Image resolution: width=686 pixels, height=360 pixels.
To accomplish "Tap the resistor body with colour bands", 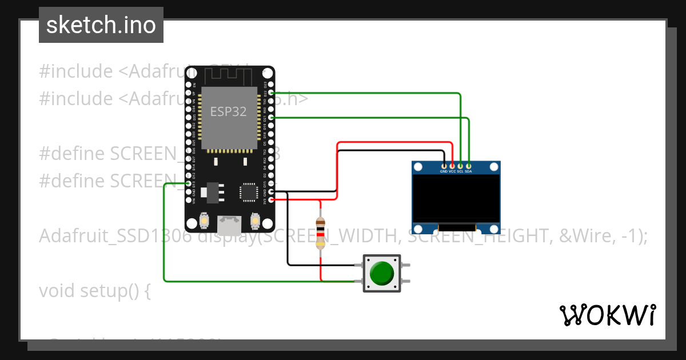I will [321, 233].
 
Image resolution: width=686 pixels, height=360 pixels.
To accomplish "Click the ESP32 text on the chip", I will [228, 111].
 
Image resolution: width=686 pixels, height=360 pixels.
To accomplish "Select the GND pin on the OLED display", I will [444, 166].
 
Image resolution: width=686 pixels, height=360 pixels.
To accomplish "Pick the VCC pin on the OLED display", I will [452, 166].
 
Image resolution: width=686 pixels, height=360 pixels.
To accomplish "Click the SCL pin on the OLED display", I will [460, 166].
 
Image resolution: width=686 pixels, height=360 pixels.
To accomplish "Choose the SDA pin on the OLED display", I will [468, 166].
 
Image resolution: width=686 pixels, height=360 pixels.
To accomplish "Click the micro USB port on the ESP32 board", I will [230, 225].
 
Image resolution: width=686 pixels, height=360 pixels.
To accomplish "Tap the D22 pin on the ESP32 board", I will [271, 93].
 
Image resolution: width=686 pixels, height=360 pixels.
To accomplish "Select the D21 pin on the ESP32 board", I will [271, 117].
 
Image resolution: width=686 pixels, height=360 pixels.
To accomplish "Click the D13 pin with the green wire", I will [189, 183].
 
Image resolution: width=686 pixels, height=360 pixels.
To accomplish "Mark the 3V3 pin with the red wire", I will [271, 199].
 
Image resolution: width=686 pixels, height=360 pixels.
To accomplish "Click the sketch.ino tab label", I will [101, 25].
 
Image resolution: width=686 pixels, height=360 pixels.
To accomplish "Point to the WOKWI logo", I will [608, 315].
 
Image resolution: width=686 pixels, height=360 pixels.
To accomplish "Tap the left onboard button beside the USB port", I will [204, 220].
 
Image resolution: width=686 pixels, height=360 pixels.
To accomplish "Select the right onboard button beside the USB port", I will [255, 220].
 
